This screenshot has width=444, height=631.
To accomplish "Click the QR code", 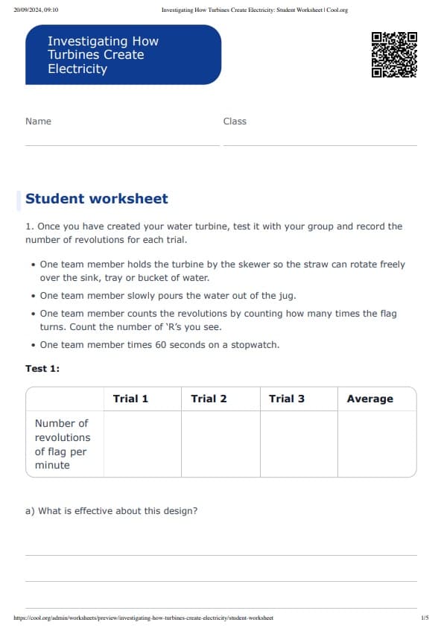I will pos(394,54).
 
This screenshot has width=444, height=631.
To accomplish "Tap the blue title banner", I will pos(123,54).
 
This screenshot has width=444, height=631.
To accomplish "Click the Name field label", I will pos(38,121).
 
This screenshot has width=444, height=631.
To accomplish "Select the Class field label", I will pos(235,121).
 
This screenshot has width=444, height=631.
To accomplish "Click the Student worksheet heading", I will pos(97,199).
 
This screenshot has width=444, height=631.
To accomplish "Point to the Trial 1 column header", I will pos(130,399).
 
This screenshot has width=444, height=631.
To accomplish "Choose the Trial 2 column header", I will pos(209,399).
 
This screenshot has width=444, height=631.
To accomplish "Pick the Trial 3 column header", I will pos(287,399).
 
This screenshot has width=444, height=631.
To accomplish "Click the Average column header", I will pos(370,399).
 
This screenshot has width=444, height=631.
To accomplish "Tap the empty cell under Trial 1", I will pos(142,444).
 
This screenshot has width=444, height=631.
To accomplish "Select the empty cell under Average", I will pos(377,444).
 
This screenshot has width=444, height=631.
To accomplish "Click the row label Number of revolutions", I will pos(63,444).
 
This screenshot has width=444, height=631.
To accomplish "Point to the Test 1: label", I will pos(42,369).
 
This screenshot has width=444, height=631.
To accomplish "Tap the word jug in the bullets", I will pos(288,295).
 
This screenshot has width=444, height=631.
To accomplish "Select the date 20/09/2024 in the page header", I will pos(25,10).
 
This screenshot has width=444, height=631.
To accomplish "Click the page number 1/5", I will pos(424,618).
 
